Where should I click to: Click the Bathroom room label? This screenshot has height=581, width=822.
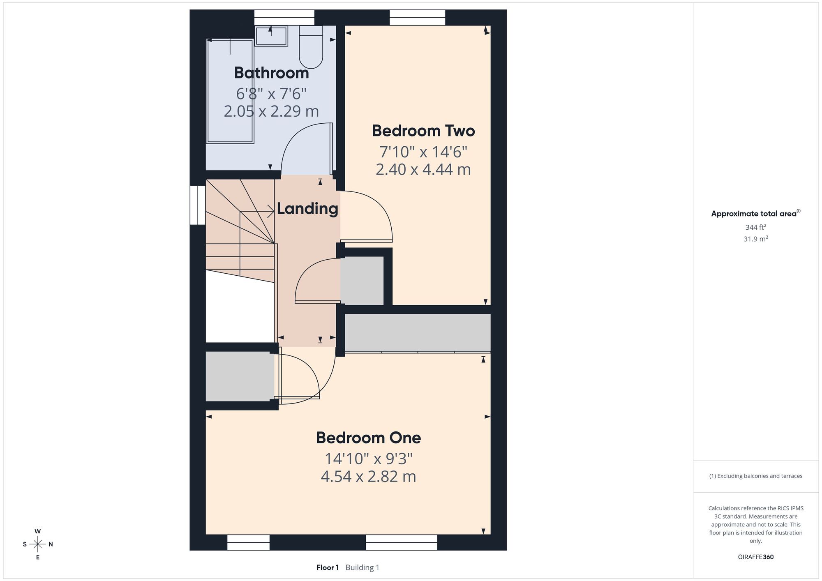[x=271, y=73]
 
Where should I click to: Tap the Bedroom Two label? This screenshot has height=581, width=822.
[x=423, y=131]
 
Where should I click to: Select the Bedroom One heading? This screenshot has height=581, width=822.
[x=368, y=438]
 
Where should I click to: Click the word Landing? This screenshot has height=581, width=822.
[x=307, y=209]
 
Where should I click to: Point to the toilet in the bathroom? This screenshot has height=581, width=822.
[x=311, y=47]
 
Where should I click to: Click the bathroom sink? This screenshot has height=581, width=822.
[x=271, y=36]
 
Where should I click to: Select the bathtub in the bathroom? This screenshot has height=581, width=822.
[x=230, y=91]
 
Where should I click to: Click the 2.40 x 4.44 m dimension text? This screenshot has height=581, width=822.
[x=423, y=169]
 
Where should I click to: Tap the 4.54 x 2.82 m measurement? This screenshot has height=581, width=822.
[x=368, y=476]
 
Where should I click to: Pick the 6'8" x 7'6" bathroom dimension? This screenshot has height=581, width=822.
[x=271, y=94]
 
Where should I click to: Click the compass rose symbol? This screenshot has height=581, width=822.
[x=38, y=544]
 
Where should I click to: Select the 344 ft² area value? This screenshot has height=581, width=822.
[x=756, y=227]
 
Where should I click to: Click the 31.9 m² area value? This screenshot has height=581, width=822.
[x=756, y=239]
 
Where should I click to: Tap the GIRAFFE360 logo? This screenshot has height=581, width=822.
[x=756, y=557]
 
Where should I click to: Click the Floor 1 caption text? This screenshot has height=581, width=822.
[x=328, y=567]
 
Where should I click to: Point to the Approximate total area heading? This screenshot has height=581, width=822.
[x=756, y=213]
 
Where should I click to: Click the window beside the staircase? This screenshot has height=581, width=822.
[x=198, y=205]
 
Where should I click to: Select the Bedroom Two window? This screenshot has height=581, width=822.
[x=417, y=18]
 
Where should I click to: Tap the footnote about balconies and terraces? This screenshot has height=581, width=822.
[x=756, y=476]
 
